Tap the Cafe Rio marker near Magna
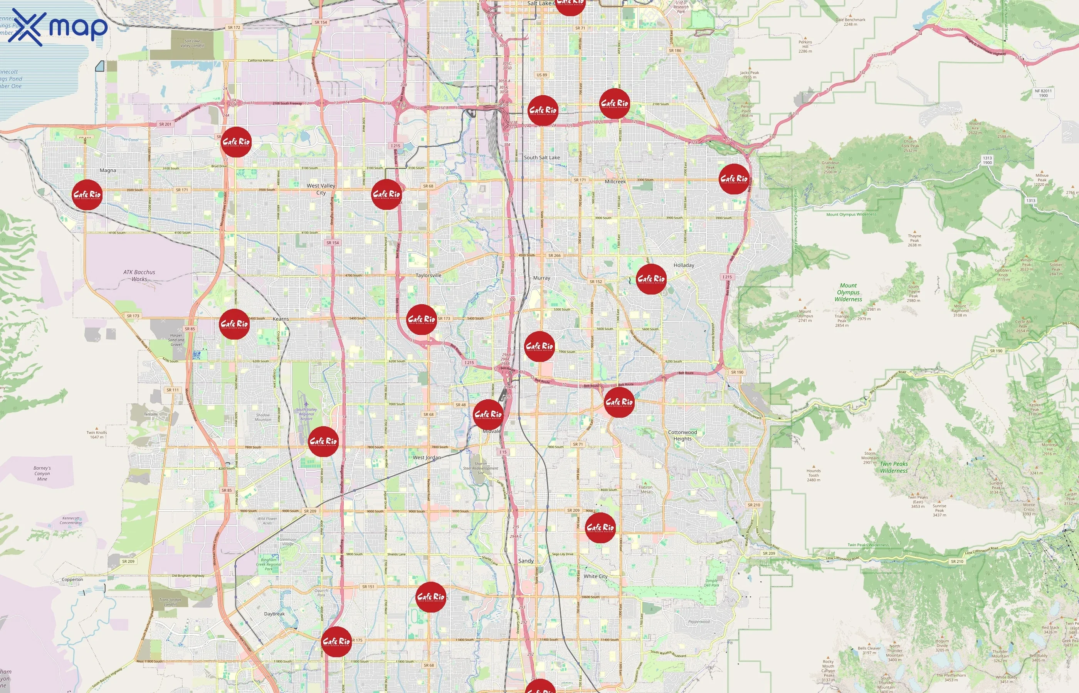coord(87,195)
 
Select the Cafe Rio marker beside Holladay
coord(651,280)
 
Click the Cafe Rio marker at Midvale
coord(488,414)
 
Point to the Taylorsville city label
coord(428,275)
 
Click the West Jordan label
coord(427,458)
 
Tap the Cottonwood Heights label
coord(682,435)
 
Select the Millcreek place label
coord(615,182)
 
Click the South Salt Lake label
coord(542,157)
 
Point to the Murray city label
coord(541,278)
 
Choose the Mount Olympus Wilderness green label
coord(848,293)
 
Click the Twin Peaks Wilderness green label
coord(894,467)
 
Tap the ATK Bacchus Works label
coord(139,275)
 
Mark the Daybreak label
coord(274,614)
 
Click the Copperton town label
coord(72,579)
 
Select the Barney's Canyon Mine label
coord(42,474)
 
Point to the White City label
coord(595,576)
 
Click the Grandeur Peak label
coord(830,167)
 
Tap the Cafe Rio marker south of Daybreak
coord(336,642)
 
